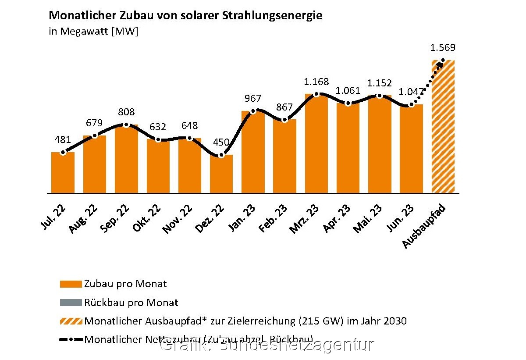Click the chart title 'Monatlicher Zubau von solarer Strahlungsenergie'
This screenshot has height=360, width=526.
(185, 16)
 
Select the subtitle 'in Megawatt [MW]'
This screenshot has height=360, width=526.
(93, 32)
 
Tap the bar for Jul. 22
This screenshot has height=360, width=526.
(63, 173)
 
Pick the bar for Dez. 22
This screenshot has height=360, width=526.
(221, 174)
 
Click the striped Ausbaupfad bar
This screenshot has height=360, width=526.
(443, 127)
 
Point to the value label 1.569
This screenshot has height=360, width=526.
(443, 48)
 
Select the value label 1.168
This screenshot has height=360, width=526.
(316, 82)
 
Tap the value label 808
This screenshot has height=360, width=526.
(126, 112)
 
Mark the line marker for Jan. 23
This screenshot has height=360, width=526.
(253, 111)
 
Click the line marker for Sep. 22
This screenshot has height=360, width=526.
(126, 125)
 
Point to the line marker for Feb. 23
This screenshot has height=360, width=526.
(285, 120)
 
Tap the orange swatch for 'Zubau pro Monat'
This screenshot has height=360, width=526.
(71, 284)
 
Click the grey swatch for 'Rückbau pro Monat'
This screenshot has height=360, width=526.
(71, 303)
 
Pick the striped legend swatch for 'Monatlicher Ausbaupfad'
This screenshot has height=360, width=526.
(71, 321)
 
